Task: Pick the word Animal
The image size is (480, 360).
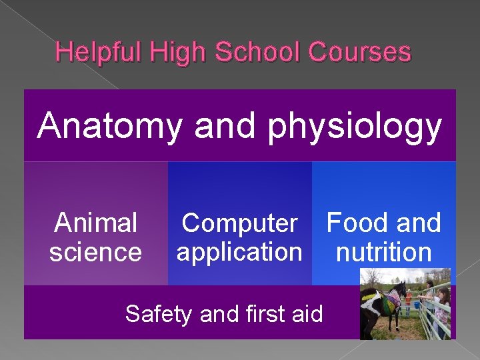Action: tap(95, 223)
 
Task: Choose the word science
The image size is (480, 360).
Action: tap(95, 252)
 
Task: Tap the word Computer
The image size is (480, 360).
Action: tap(239, 223)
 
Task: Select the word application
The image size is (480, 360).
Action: tap(239, 252)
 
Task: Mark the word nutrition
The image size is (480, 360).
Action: tap(384, 252)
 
